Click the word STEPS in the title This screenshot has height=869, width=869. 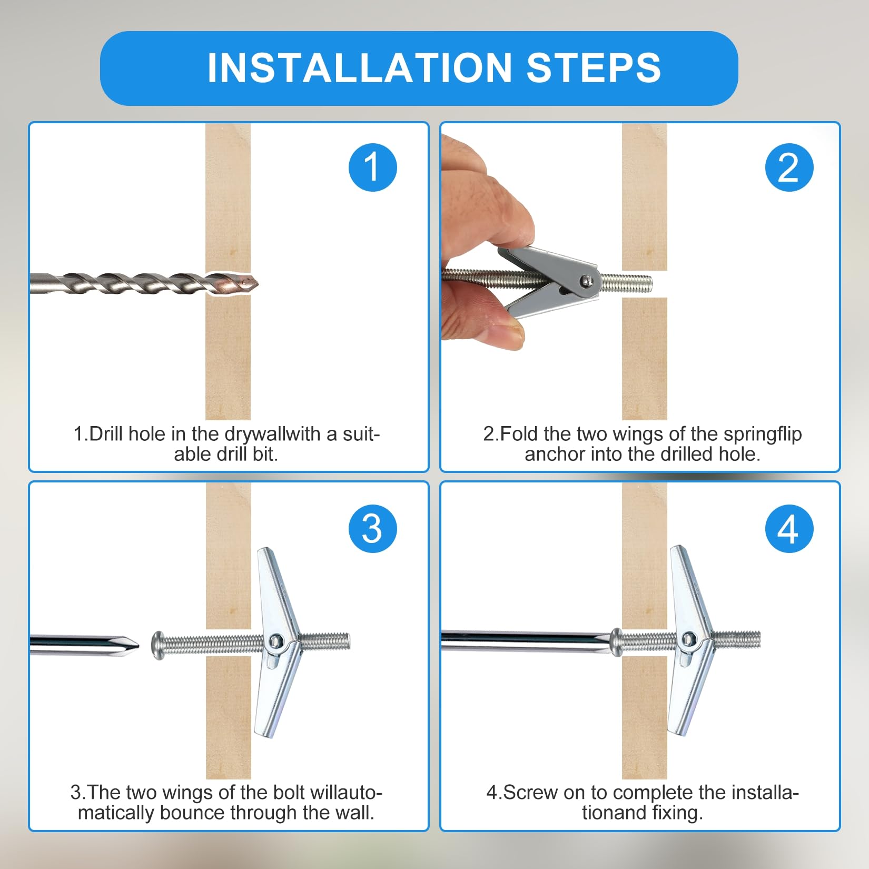coord(594,68)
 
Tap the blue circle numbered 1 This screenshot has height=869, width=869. coord(372,167)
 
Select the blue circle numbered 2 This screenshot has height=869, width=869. coord(789,167)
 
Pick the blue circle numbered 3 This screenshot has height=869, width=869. coord(372,528)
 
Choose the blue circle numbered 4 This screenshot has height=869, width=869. coord(789,528)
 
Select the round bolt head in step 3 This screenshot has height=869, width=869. coord(157,644)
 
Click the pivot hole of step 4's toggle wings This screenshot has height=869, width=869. coord(688,639)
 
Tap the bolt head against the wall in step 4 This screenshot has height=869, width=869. coord(616,643)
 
